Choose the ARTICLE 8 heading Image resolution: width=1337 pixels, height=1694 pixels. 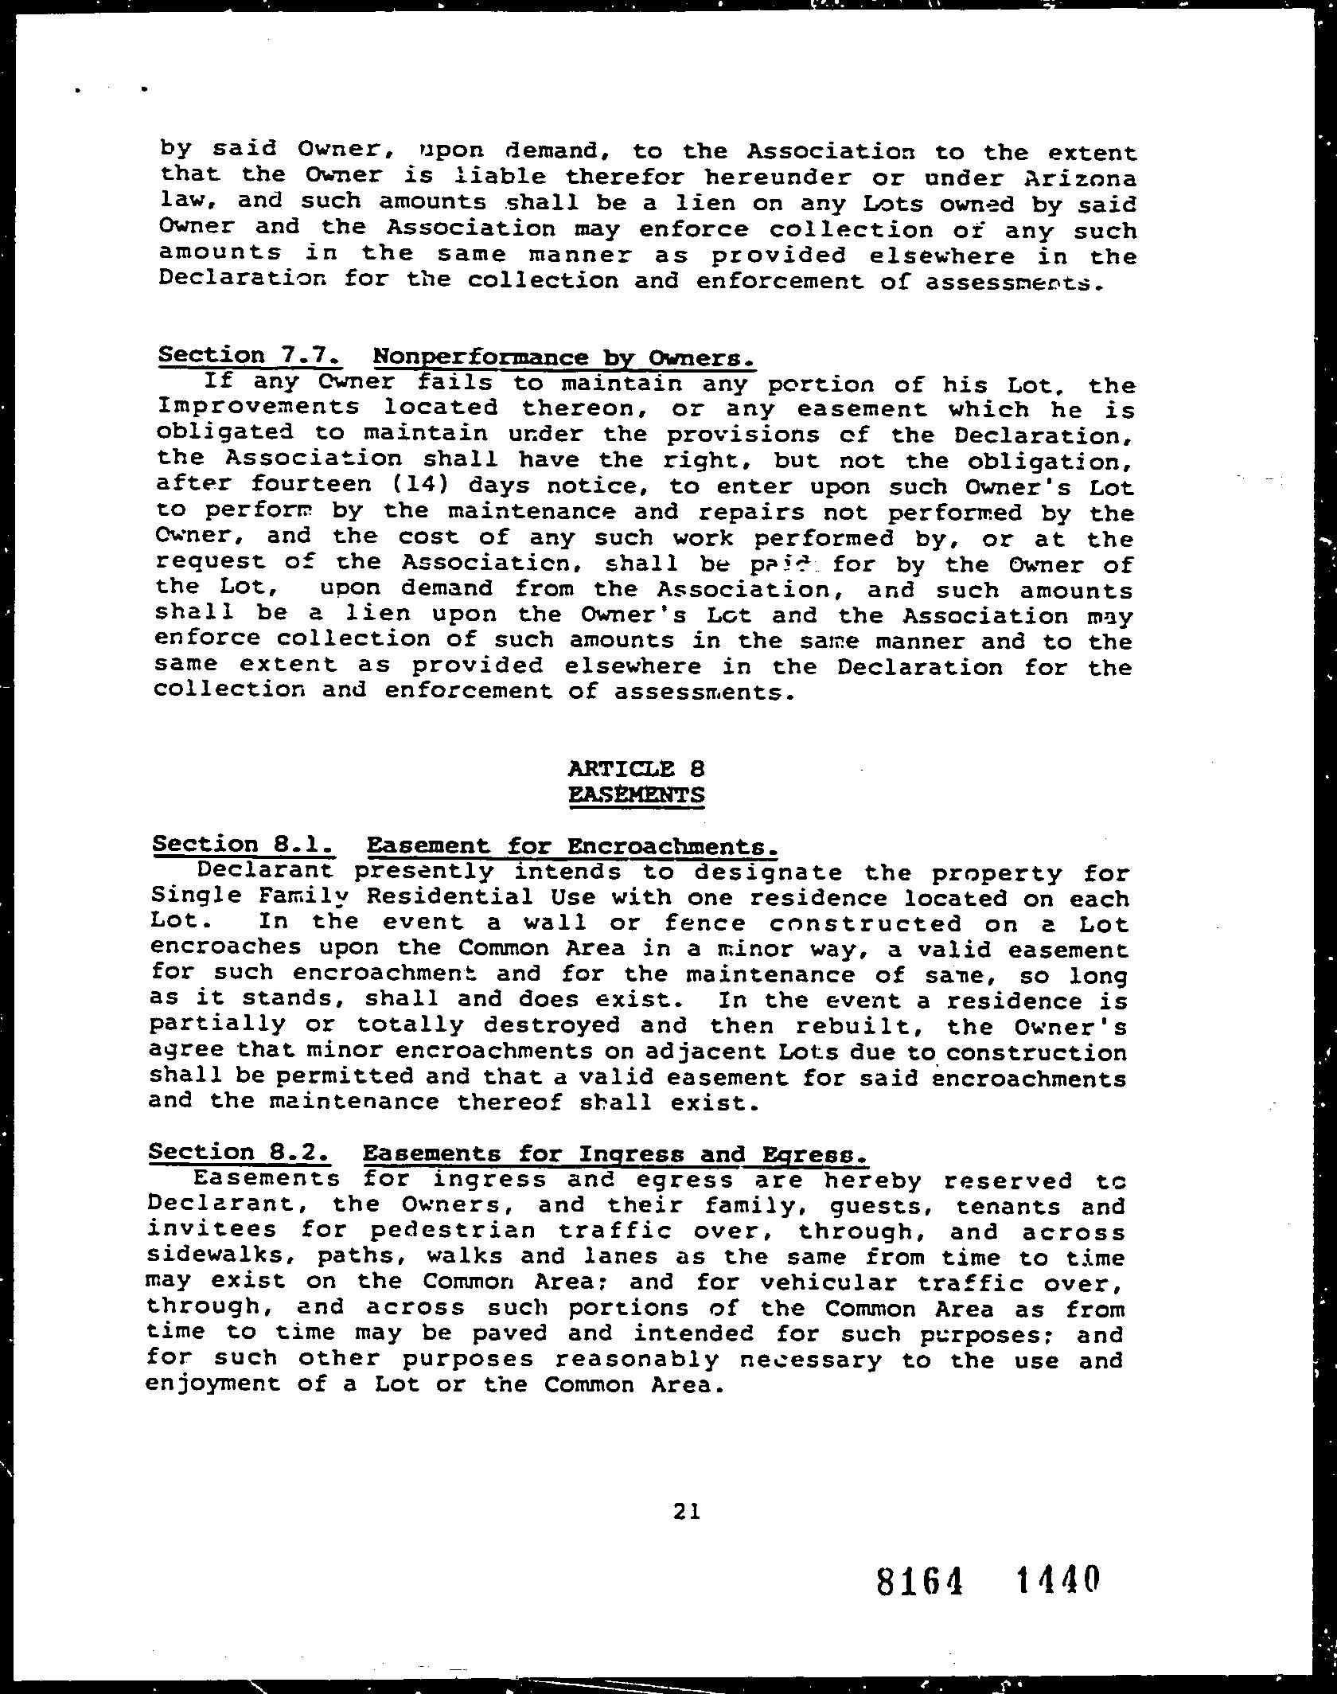[x=637, y=769]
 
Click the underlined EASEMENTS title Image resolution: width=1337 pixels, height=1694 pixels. [x=637, y=794]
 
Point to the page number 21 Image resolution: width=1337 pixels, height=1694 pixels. [x=685, y=1510]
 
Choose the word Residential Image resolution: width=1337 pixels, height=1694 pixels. [x=450, y=896]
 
